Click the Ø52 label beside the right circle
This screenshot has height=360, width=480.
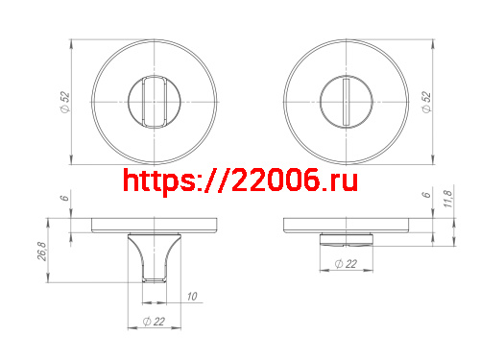[x=424, y=102]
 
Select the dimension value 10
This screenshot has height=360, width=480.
[x=192, y=297]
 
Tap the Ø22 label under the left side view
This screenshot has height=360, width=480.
[x=152, y=321]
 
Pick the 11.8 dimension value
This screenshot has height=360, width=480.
[x=447, y=201]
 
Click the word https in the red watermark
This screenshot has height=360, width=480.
[x=158, y=180]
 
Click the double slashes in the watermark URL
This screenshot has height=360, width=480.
[x=212, y=180]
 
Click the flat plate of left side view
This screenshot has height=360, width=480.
[x=154, y=226]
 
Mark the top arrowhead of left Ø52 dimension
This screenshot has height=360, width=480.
[x=75, y=42]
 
